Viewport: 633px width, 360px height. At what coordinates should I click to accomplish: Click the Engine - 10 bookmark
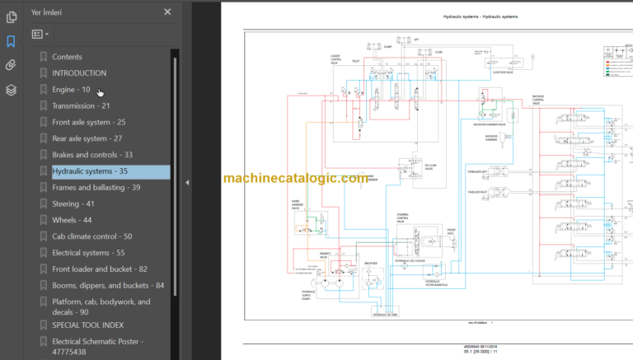tap(71, 89)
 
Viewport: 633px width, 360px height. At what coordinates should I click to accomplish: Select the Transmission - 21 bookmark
tap(81, 105)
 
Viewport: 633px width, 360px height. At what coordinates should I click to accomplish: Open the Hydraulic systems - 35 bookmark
tap(90, 171)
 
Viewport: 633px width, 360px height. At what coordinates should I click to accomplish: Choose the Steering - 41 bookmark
tap(73, 203)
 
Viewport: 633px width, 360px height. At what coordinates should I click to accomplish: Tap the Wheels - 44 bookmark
tap(72, 220)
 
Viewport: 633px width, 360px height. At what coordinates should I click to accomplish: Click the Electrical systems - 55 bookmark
tap(88, 253)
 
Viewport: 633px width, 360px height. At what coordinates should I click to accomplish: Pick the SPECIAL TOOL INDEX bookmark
tap(88, 325)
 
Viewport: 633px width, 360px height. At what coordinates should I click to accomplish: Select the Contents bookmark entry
tap(67, 57)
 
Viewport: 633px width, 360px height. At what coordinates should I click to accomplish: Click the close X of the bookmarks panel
tap(168, 12)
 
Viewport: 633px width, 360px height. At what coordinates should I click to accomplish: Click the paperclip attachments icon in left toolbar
tap(11, 65)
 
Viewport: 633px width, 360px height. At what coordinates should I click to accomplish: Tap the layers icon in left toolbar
tap(11, 90)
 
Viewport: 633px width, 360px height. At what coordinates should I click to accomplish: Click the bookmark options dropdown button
tap(40, 35)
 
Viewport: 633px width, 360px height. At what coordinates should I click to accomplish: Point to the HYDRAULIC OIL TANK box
tap(386, 314)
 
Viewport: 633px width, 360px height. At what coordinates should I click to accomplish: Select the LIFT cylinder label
tap(416, 39)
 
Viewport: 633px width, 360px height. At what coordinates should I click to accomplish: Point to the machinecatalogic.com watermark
tap(295, 178)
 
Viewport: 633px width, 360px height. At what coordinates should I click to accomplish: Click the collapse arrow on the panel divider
tap(187, 181)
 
